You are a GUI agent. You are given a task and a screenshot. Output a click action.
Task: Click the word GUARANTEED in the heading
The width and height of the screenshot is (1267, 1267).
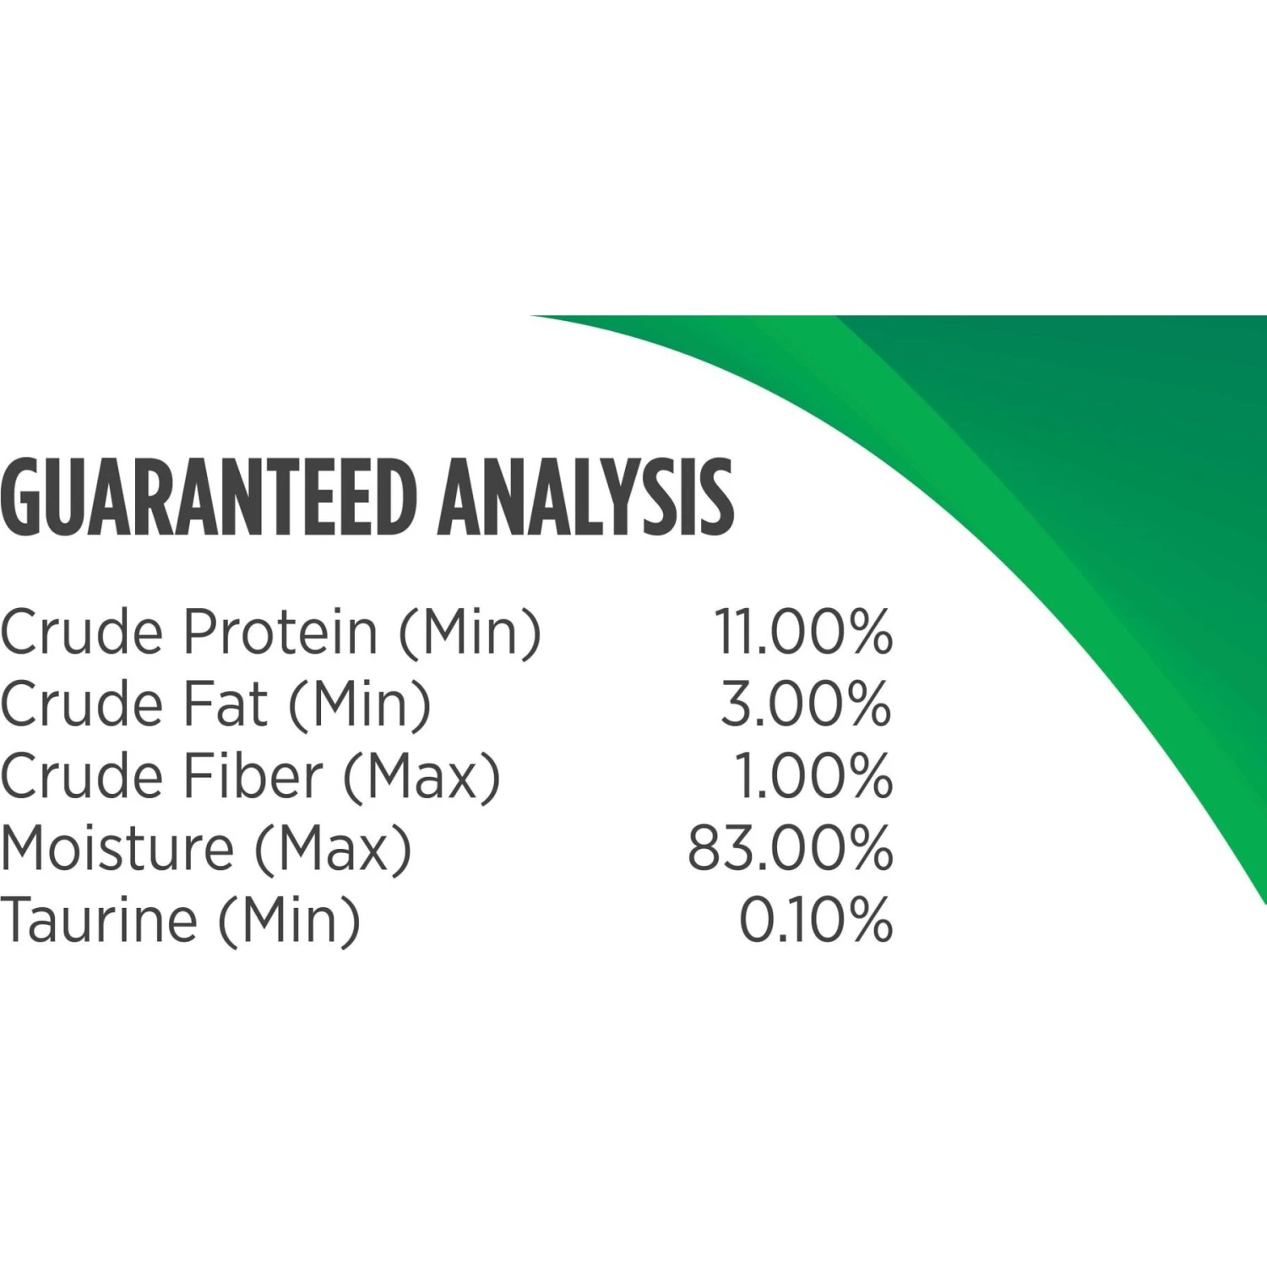coord(209,498)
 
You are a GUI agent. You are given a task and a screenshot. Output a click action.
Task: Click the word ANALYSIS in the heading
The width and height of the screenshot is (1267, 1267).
coord(587,498)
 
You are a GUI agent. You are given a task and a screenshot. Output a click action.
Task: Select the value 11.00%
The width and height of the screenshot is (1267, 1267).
coord(803,632)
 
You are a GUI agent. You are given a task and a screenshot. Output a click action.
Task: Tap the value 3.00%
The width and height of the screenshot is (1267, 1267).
coord(806,704)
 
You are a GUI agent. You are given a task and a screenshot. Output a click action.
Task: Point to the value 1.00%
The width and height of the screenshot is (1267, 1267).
coord(813,776)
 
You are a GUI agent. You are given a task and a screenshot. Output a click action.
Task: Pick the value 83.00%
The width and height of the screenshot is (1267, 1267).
coord(790,848)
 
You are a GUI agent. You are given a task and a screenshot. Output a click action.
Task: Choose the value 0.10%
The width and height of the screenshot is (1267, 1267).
coord(816,920)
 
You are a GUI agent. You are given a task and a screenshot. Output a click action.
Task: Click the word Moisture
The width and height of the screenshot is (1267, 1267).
coord(117,848)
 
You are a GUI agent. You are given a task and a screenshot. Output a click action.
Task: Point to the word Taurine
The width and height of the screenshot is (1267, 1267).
coord(99,920)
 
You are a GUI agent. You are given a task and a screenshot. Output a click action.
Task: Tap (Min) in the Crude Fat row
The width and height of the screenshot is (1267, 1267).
coord(360,705)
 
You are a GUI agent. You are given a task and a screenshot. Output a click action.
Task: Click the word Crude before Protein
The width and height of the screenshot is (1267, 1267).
coord(82,632)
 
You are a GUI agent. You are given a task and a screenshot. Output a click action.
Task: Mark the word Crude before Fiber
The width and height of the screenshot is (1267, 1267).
coord(82,776)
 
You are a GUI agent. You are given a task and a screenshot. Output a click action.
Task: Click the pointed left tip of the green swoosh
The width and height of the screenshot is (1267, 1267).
coord(531,316)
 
